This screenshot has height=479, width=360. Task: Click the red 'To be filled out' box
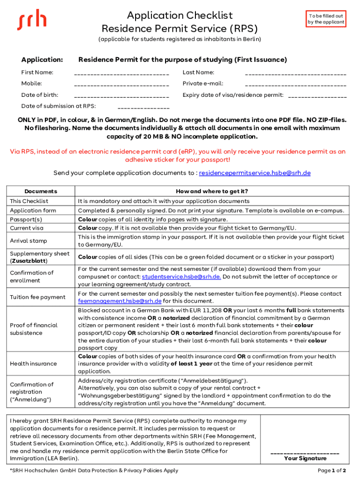(326, 19)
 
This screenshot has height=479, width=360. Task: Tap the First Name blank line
(122, 74)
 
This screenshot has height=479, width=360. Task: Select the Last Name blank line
(295, 74)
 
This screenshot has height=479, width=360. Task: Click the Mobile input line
(122, 85)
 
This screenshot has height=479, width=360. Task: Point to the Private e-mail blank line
(295, 85)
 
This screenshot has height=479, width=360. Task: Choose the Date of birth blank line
(122, 96)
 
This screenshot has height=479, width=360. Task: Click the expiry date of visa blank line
(317, 96)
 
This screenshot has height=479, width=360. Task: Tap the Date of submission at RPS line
(143, 108)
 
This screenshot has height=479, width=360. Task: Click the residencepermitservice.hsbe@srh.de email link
(255, 173)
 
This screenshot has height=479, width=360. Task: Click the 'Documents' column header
(41, 191)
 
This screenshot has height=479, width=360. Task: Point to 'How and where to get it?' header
(212, 191)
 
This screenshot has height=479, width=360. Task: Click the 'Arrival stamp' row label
(29, 240)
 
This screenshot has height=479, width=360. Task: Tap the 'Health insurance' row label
(33, 363)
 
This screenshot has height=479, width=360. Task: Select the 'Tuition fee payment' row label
(38, 297)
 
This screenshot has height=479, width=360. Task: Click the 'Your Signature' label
(305, 458)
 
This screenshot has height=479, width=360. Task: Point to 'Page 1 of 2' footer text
(331, 470)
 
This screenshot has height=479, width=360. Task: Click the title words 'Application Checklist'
(180, 15)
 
